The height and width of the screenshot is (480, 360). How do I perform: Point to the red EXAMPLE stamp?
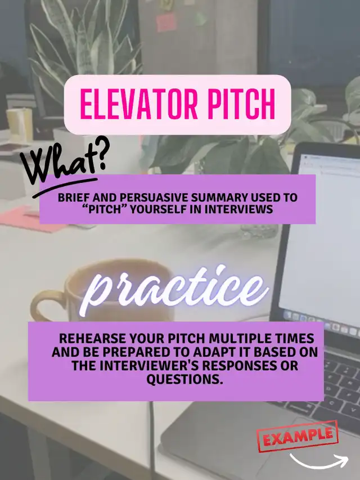[298, 436]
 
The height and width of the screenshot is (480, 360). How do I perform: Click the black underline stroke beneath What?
[64, 187]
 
